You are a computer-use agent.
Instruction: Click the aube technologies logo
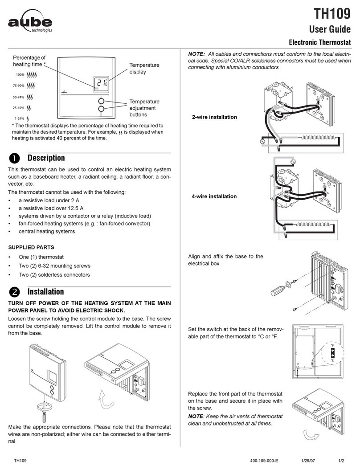[x=30, y=21]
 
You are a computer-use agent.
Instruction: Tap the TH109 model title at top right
[x=332, y=13]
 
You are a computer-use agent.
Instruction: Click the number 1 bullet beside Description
[x=14, y=158]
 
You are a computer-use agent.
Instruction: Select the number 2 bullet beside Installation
[x=14, y=292]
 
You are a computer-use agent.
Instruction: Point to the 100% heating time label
[x=20, y=74]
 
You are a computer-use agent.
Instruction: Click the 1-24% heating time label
[x=20, y=119]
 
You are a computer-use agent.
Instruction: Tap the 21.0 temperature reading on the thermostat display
[x=102, y=83]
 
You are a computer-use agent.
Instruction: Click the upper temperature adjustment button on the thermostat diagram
[x=101, y=101]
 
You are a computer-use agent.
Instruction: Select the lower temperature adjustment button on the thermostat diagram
[x=101, y=109]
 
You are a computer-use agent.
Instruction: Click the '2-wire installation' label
[x=214, y=117]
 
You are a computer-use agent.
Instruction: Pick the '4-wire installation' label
[x=214, y=196]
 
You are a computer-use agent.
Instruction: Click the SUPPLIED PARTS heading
[x=31, y=247]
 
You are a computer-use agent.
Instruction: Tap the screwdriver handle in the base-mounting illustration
[x=277, y=290]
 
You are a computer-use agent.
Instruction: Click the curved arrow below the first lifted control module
[x=106, y=399]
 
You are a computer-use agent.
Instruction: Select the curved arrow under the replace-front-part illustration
[x=311, y=435]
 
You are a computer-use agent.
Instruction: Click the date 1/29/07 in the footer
[x=308, y=461]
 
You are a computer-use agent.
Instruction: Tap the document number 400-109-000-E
[x=264, y=461]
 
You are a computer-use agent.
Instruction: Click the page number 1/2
[x=341, y=461]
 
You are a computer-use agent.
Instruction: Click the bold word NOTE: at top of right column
[x=196, y=54]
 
